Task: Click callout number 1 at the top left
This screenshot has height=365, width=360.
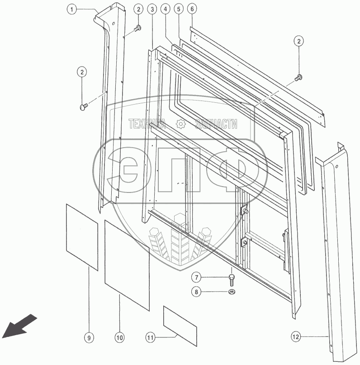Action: pos(71,9)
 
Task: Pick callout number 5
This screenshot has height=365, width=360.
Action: pos(179,9)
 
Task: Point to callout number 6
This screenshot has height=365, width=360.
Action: pos(192,9)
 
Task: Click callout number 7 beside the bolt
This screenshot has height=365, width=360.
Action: pos(198,277)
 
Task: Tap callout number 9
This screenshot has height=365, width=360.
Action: pos(89,337)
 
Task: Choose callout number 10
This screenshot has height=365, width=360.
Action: pos(119,337)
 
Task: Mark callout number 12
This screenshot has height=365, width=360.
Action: pos(295,337)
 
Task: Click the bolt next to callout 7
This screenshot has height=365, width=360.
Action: pos(232,277)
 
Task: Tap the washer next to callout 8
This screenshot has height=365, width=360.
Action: pos(231,292)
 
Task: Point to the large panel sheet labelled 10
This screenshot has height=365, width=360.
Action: pos(127,265)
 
